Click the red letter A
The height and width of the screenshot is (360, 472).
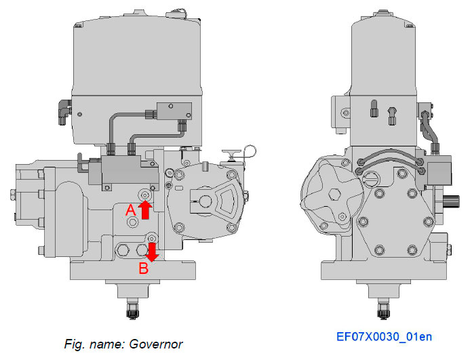(x=132, y=211)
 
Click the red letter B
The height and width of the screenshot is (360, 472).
(x=143, y=268)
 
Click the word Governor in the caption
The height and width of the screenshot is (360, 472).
(x=158, y=344)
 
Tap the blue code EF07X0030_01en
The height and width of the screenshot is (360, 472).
(x=384, y=336)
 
